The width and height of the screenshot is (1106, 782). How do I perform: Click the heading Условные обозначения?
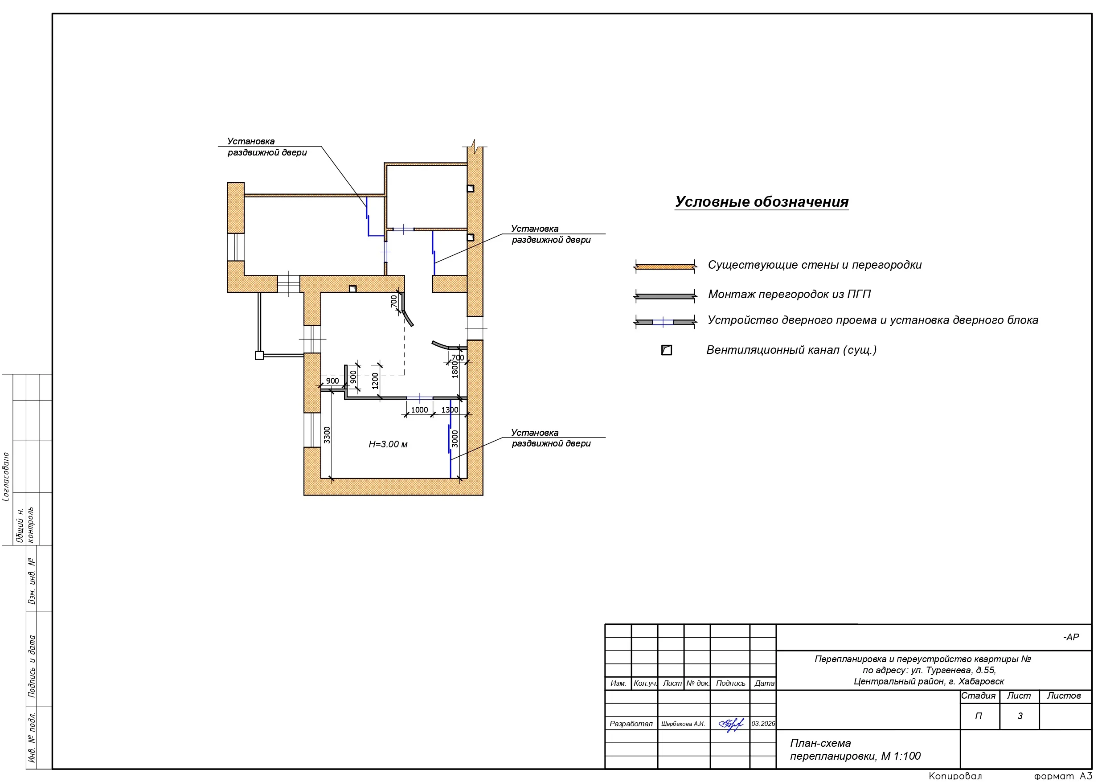(x=761, y=202)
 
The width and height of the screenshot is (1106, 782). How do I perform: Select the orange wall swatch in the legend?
(x=665, y=266)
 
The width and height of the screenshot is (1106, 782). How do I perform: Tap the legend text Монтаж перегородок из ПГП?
(x=789, y=294)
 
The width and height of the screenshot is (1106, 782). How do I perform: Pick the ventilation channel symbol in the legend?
(x=667, y=350)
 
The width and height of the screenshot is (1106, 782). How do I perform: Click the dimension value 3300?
(x=327, y=435)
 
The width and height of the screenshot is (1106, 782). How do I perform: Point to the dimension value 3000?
(x=455, y=438)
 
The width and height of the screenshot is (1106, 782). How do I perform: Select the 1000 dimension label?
(x=419, y=409)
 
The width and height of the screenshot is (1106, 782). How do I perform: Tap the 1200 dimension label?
(x=375, y=381)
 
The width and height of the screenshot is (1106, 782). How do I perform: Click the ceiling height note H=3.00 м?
(x=388, y=444)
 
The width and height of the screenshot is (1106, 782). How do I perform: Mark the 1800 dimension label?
(x=455, y=369)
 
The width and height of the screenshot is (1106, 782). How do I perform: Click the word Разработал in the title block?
(x=631, y=724)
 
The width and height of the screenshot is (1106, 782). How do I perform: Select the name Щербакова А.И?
(x=683, y=724)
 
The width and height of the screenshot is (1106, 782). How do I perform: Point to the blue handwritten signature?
(x=731, y=724)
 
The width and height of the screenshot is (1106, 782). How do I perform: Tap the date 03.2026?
(x=763, y=724)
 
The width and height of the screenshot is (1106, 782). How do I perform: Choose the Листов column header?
(x=1064, y=696)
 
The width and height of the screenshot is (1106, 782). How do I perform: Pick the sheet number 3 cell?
(x=1019, y=716)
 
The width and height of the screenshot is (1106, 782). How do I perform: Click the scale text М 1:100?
(x=900, y=756)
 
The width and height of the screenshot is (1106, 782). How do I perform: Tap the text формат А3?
(x=1063, y=776)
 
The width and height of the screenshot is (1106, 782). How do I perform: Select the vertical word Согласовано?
(x=6, y=476)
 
